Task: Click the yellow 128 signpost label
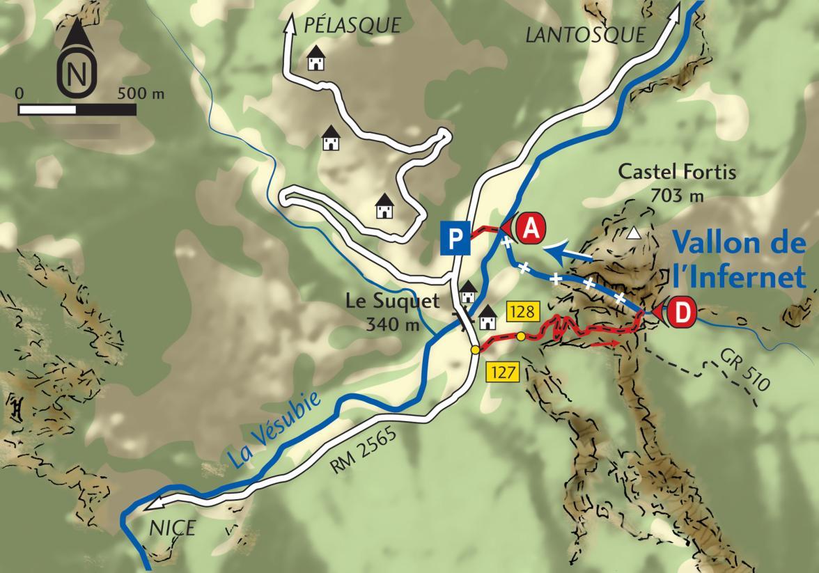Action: (x=520, y=313)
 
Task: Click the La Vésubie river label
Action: (x=276, y=430)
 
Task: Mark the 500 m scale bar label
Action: (x=142, y=93)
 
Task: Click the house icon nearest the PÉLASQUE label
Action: (x=317, y=59)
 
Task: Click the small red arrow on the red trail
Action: (x=605, y=343)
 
